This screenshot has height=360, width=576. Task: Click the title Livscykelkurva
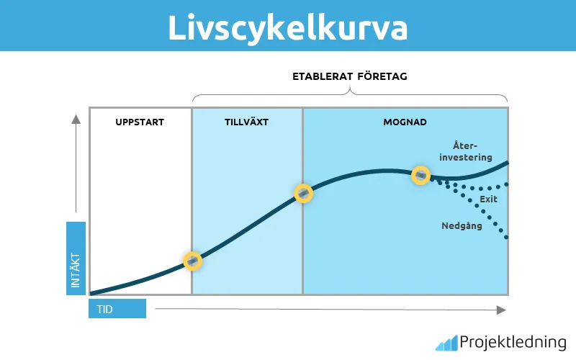pyautogui.click(x=287, y=27)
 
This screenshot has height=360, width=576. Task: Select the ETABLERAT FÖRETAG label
pyautogui.click(x=350, y=76)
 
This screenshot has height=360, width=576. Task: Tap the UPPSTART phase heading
pyautogui.click(x=140, y=122)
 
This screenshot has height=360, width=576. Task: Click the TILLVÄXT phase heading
pyautogui.click(x=246, y=122)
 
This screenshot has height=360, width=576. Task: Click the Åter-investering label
pyautogui.click(x=468, y=151)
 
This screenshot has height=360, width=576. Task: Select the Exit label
pyautogui.click(x=489, y=199)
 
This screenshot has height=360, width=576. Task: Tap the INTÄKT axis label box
pyautogui.click(x=76, y=258)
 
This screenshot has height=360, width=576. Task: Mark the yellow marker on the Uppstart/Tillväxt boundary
pyautogui.click(x=192, y=261)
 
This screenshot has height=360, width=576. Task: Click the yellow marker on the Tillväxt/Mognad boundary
pyautogui.click(x=304, y=193)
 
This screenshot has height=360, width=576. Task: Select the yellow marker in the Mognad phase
pyautogui.click(x=420, y=175)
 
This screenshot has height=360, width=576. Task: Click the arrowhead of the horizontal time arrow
pyautogui.click(x=501, y=309)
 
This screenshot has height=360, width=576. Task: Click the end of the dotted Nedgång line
pyautogui.click(x=507, y=237)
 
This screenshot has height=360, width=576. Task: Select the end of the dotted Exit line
pyautogui.click(x=507, y=184)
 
